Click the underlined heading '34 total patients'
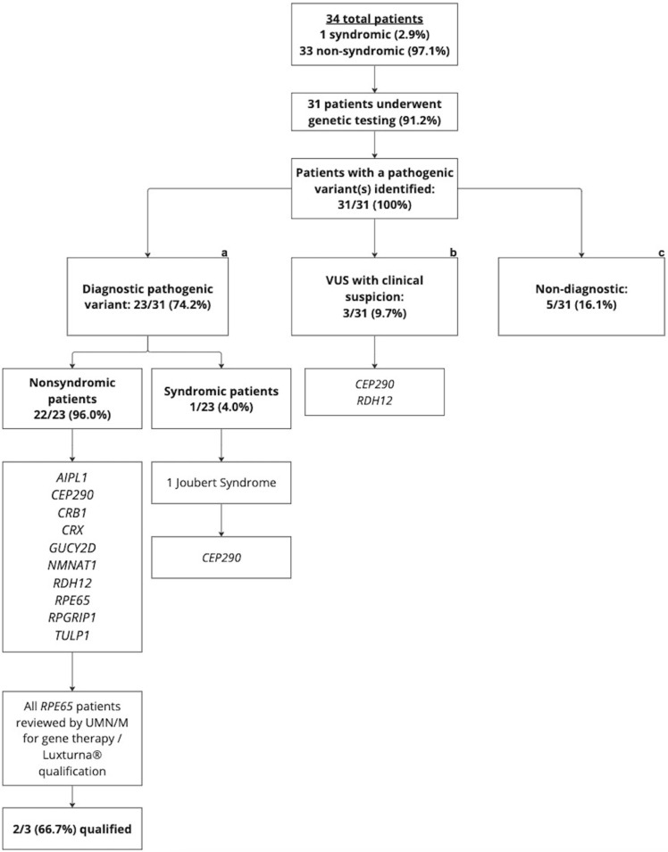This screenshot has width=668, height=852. point(374,19)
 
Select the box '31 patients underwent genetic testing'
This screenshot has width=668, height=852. point(374,112)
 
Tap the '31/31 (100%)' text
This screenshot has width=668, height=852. point(374,205)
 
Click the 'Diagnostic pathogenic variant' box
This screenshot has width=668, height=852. point(147,296)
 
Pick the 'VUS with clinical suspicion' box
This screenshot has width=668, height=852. point(374,296)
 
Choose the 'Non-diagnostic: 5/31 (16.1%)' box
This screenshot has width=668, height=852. point(581,296)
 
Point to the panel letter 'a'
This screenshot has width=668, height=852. point(223,252)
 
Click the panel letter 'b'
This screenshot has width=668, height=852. point(454,252)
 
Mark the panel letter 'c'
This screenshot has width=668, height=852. point(661,252)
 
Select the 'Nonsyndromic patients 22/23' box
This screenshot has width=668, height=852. point(72,399)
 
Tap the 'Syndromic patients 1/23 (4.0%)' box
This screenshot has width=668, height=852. point(221,399)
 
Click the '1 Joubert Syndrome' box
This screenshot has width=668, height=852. point(221,483)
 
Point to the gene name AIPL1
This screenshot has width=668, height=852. point(71,477)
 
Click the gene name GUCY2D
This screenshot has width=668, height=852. point(71,548)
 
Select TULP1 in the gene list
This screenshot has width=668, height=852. point(71,635)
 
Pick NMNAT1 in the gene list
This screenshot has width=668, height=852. point(71,565)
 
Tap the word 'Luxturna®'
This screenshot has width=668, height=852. point(72,756)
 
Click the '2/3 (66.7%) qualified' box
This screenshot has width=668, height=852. point(72,829)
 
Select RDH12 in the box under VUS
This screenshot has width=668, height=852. point(374,401)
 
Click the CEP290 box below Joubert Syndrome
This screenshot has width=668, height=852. point(221,558)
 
